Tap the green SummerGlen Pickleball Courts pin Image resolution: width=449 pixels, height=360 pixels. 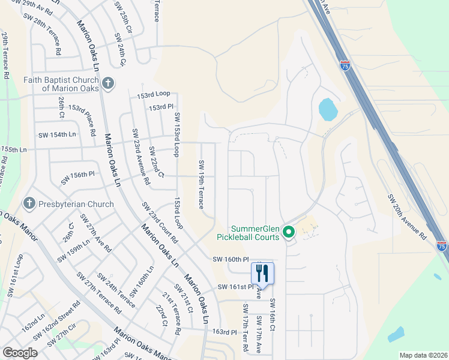[x=288, y=231]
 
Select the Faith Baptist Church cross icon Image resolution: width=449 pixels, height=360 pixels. [x=107, y=83]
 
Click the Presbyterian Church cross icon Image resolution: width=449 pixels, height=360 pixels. [x=28, y=204]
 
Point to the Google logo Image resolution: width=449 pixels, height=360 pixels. [x=20, y=353]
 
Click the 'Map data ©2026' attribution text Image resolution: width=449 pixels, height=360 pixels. [x=423, y=355]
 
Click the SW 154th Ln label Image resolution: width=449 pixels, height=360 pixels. [x=57, y=135]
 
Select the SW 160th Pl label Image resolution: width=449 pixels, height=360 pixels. [x=231, y=259]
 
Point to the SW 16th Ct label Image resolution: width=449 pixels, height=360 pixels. [x=272, y=315]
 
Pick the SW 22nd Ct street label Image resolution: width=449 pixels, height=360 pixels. [x=156, y=161]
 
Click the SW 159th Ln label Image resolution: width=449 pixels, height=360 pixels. [x=74, y=251]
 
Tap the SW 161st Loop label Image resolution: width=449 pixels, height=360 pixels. [x=16, y=275]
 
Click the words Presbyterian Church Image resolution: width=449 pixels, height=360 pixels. [x=76, y=204]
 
